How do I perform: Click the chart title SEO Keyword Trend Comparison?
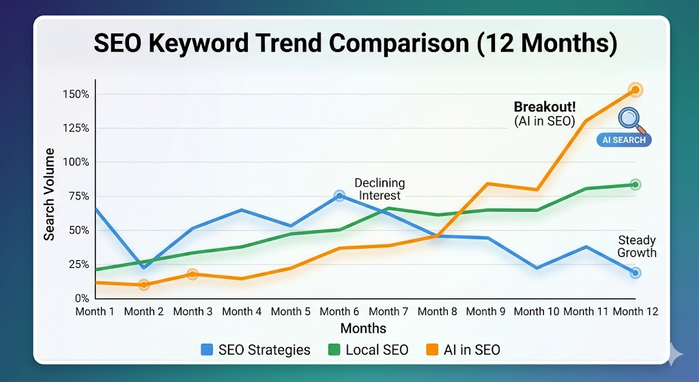click(355, 44)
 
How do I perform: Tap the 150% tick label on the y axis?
click(76, 94)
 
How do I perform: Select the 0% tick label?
click(81, 299)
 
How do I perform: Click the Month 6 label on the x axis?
click(339, 312)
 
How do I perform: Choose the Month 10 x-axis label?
click(536, 312)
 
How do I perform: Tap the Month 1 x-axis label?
click(95, 312)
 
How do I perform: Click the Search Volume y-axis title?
click(50, 195)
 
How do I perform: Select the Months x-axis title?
click(363, 329)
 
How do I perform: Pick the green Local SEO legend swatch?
click(334, 351)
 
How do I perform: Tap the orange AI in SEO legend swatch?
click(431, 351)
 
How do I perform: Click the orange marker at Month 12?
click(636, 90)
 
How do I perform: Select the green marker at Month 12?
click(636, 185)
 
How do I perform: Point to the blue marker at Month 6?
click(339, 196)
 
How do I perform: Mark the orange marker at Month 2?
click(144, 284)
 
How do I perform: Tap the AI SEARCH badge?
click(623, 140)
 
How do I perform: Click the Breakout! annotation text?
click(544, 107)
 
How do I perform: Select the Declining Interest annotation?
click(380, 189)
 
